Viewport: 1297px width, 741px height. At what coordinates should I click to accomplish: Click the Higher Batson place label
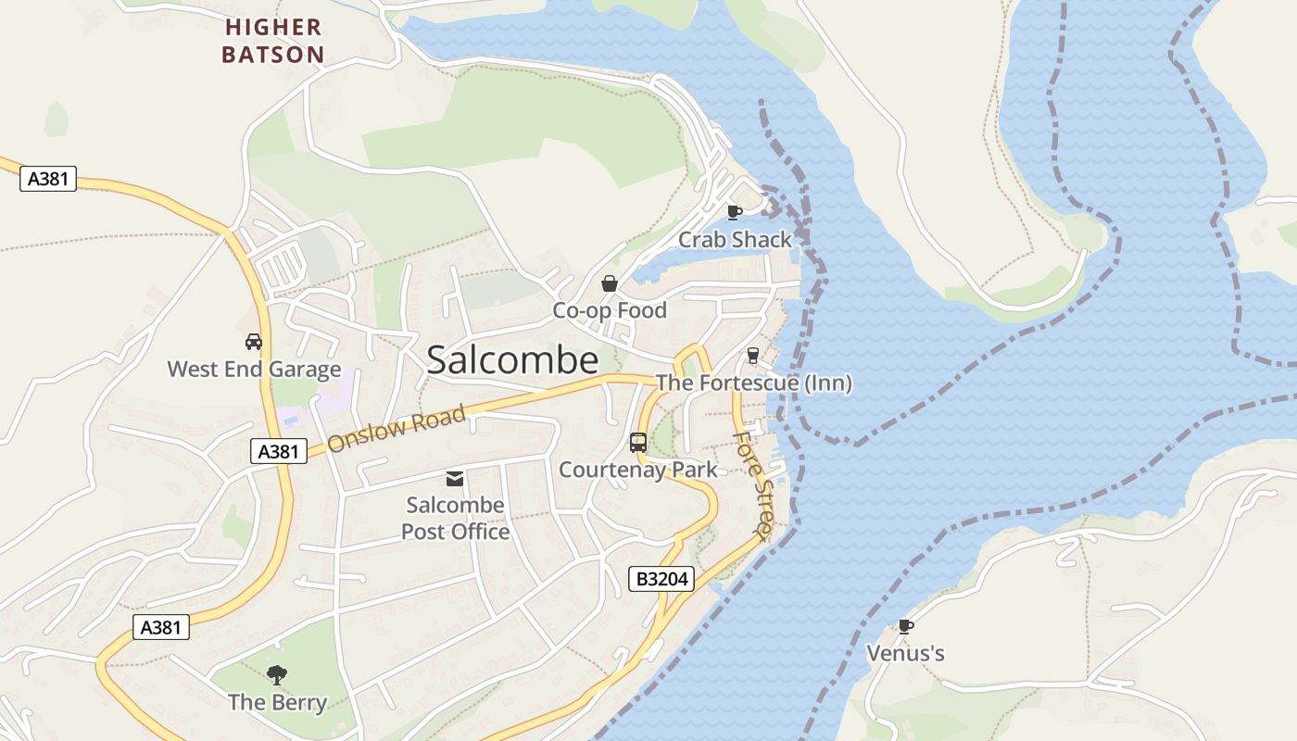pos(272,41)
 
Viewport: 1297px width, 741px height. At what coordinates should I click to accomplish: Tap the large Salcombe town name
pos(512,360)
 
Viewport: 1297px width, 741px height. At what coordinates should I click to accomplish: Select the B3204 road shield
pos(661,580)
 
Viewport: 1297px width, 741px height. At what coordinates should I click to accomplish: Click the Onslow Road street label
pos(396,430)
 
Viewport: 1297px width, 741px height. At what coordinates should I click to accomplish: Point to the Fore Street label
pos(752,485)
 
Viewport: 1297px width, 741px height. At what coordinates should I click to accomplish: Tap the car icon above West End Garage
pos(254,342)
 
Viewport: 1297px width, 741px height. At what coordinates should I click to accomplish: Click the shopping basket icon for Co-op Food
pos(610,283)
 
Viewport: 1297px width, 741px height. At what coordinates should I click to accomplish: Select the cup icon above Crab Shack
pos(735,212)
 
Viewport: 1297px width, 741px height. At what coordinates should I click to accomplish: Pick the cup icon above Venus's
pos(905,627)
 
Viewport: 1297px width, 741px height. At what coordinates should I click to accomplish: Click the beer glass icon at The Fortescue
pos(752,356)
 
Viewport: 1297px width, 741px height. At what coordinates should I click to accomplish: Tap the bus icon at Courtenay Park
pos(638,443)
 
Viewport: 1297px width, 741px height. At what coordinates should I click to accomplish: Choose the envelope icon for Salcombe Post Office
pos(455,479)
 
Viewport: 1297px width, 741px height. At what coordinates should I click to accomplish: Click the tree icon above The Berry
pos(277,675)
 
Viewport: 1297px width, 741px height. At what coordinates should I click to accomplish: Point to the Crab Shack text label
pos(736,240)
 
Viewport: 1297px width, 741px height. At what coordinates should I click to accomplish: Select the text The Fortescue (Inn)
pos(753,383)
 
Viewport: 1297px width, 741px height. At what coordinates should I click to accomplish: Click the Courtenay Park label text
pos(638,470)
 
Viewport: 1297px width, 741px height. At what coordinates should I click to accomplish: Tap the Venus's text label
pos(905,654)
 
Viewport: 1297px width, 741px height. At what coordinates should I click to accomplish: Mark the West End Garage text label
pos(254,369)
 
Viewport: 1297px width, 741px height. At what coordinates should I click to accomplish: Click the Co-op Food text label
pos(610,310)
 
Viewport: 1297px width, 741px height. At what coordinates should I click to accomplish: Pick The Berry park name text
pos(277,702)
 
